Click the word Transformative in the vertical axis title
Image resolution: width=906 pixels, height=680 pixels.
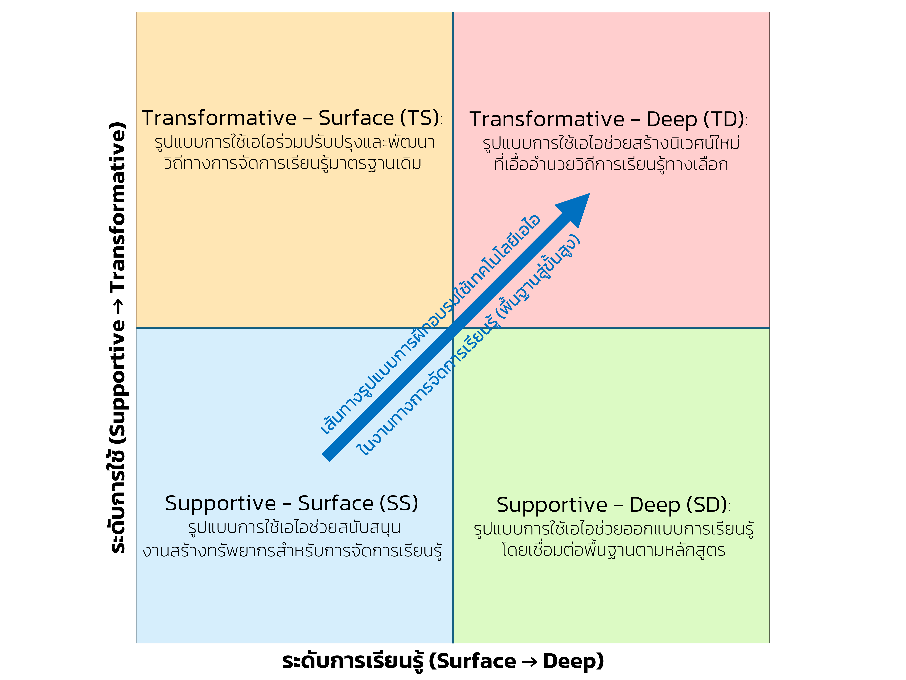[118, 207]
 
